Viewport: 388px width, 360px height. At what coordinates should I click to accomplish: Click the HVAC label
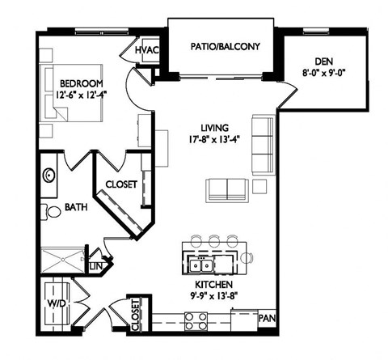pyautogui.click(x=146, y=50)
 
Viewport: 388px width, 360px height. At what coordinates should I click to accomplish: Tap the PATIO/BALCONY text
pyautogui.click(x=225, y=46)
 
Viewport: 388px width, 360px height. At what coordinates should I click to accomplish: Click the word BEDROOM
pyautogui.click(x=82, y=84)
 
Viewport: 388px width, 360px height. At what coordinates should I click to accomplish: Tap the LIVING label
pyautogui.click(x=215, y=127)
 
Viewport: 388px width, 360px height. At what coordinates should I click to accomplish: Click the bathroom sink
pyautogui.click(x=49, y=175)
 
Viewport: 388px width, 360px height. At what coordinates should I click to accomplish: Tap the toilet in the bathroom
pyautogui.click(x=53, y=212)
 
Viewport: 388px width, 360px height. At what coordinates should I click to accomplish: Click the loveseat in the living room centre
pyautogui.click(x=227, y=189)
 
